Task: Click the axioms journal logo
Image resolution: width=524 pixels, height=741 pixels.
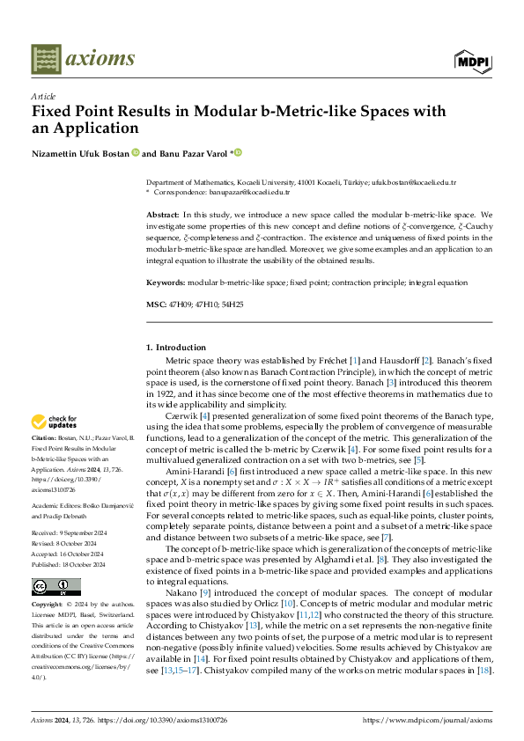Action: (83, 59)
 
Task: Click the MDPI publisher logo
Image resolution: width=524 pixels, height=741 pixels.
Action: (472, 60)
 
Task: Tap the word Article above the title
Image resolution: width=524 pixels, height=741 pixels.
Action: (42, 96)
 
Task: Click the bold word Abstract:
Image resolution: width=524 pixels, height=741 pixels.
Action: (164, 215)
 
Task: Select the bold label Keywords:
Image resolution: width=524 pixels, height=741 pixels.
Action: (166, 282)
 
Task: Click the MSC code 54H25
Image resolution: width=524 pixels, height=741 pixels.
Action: (232, 304)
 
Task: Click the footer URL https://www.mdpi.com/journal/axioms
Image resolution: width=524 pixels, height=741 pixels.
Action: (431, 718)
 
